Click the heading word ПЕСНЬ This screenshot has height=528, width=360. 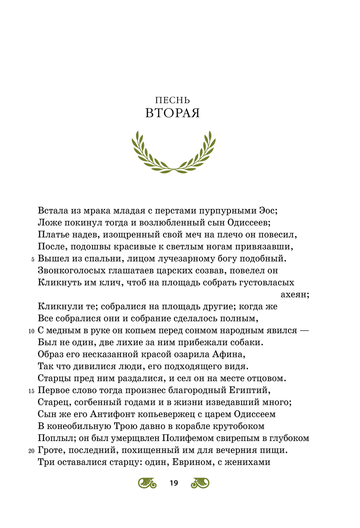pyautogui.click(x=172, y=100)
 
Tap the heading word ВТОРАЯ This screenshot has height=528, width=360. pyautogui.click(x=172, y=113)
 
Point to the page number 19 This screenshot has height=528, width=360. pyautogui.click(x=174, y=483)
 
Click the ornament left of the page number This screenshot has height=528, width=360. pyautogui.click(x=147, y=483)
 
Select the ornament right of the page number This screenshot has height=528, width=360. pyautogui.click(x=200, y=483)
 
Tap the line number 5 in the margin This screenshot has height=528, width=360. pyautogui.click(x=33, y=259)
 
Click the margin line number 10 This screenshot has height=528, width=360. pyautogui.click(x=31, y=331)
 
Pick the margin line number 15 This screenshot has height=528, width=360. pyautogui.click(x=31, y=391)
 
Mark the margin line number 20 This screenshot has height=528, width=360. pyautogui.click(x=31, y=451)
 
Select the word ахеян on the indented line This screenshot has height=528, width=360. pyautogui.click(x=294, y=295)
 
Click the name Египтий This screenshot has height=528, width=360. pyautogui.click(x=249, y=390)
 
